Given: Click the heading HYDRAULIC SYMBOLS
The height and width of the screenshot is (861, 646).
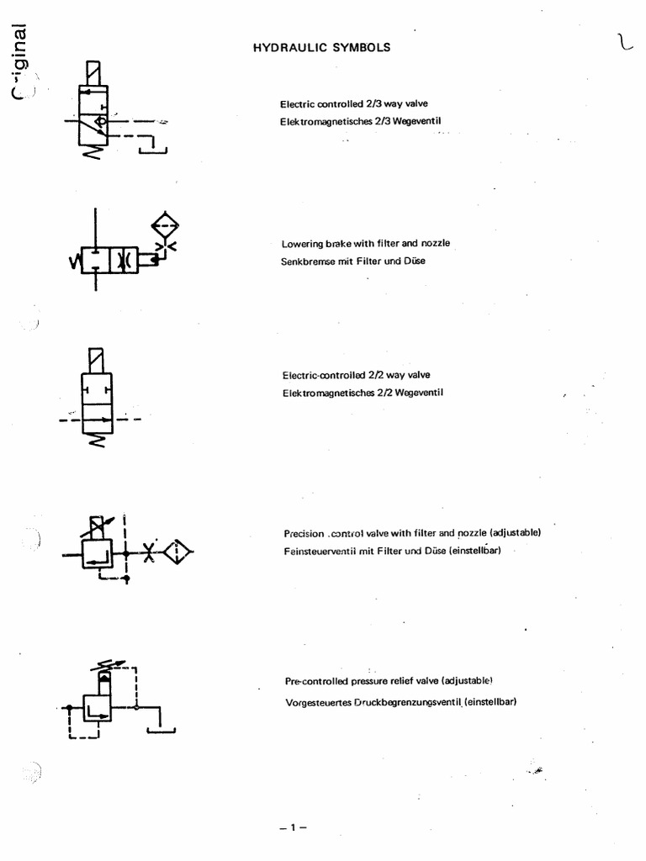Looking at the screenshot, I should point(321,48).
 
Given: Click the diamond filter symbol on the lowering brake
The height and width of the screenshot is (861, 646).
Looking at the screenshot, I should point(165,225).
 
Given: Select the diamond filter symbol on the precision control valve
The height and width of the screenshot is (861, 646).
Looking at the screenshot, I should point(177,552).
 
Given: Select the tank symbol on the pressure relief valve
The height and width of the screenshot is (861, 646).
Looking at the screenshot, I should point(161,728).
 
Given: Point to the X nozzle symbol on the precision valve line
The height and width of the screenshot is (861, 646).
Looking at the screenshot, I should point(148,552).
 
